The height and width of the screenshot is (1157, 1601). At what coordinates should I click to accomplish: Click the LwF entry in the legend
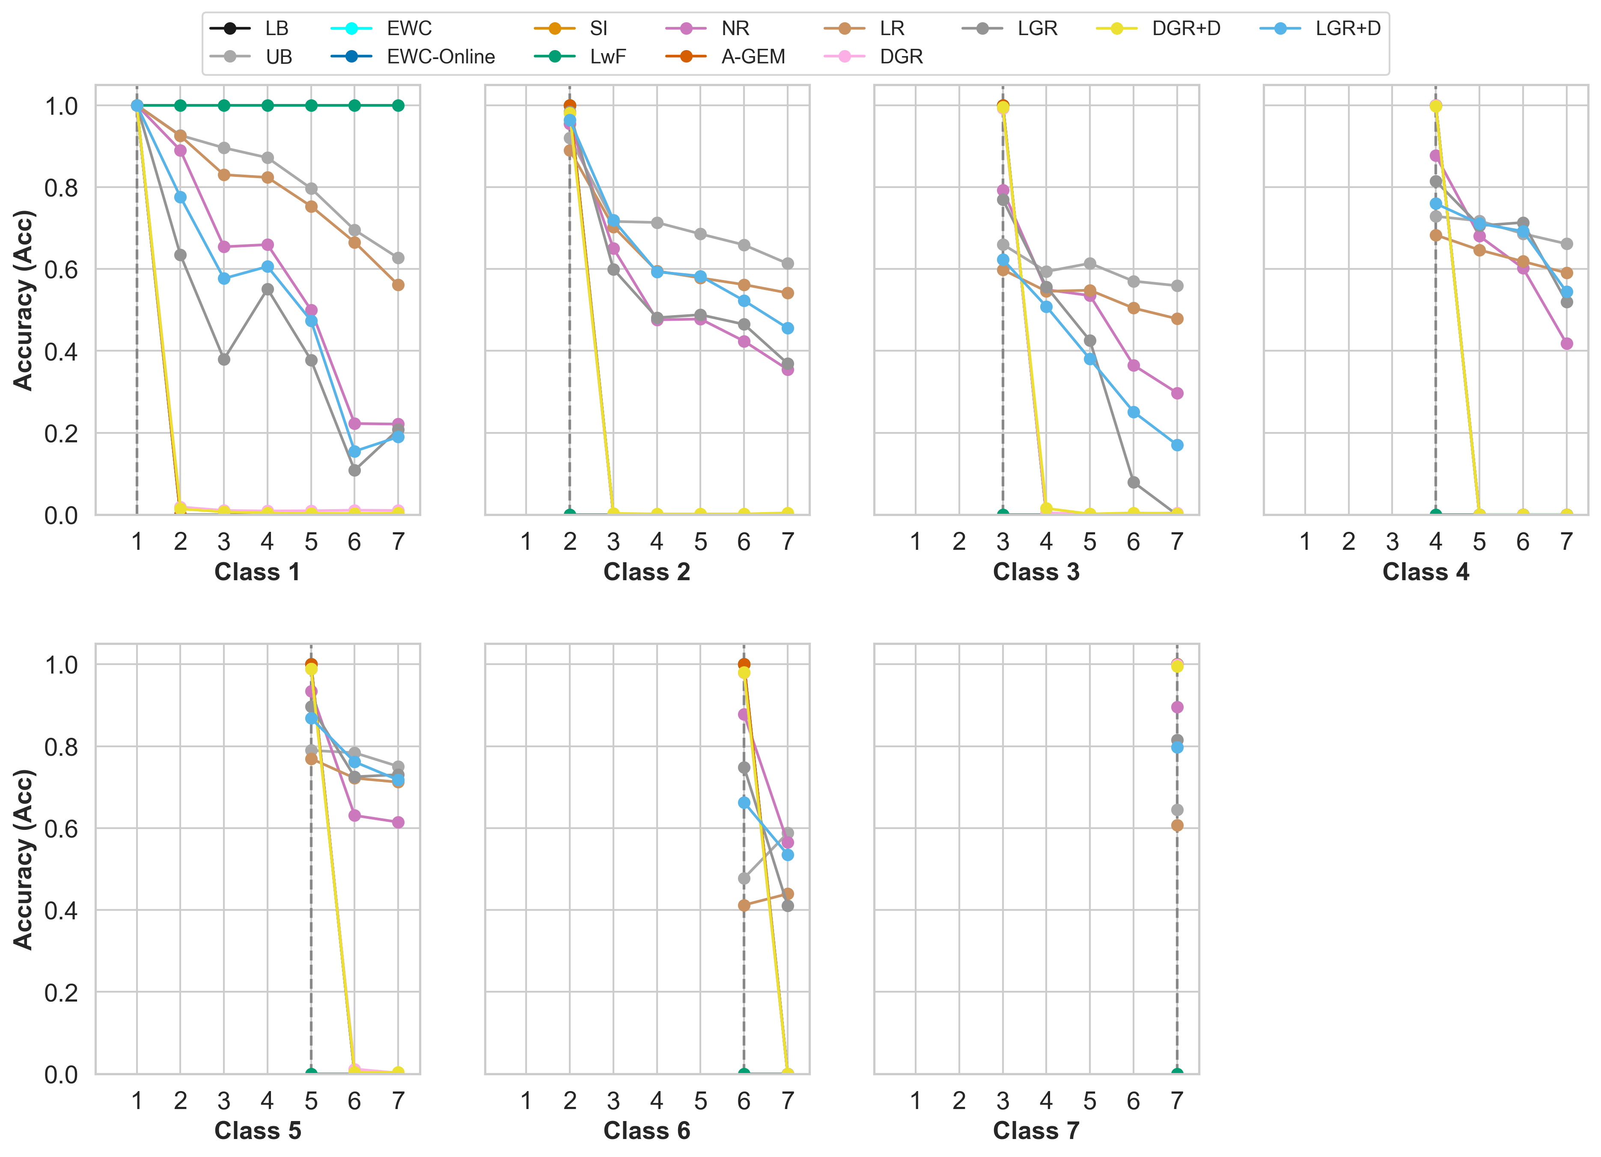(x=607, y=57)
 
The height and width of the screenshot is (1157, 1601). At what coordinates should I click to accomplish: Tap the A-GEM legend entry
(x=753, y=57)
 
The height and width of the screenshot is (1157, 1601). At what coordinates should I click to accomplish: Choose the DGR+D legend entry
(x=1186, y=28)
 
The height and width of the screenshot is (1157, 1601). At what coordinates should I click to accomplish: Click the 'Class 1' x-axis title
(x=258, y=572)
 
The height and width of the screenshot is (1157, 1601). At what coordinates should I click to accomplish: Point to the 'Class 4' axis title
(x=1425, y=572)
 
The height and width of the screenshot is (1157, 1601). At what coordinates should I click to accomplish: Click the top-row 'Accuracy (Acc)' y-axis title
(x=23, y=300)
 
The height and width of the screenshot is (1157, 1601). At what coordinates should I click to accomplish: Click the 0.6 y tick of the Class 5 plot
(x=61, y=829)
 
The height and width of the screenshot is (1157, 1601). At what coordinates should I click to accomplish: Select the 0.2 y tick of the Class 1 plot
(x=61, y=433)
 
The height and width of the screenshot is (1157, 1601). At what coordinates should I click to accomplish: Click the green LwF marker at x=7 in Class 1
(x=398, y=106)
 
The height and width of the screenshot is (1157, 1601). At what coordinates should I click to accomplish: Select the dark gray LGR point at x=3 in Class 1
(x=224, y=359)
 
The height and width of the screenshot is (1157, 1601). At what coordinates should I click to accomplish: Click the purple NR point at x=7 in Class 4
(x=1566, y=344)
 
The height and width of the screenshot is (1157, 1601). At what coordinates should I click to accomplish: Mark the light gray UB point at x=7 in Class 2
(x=788, y=263)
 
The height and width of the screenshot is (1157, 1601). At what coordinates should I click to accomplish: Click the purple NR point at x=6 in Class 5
(x=354, y=815)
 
